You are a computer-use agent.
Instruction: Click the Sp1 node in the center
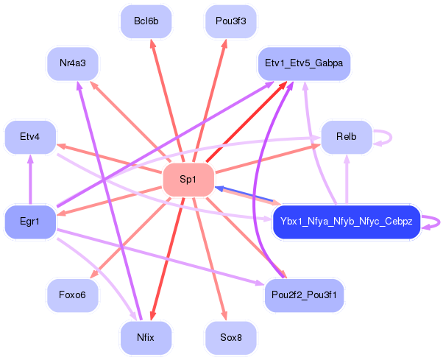point(188,180)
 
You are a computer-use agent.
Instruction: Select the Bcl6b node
point(146,21)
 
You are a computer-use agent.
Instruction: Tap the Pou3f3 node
point(230,21)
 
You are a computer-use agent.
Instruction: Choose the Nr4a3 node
point(73,63)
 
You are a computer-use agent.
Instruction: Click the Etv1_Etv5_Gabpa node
point(303,63)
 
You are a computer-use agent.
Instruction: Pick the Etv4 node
point(30,136)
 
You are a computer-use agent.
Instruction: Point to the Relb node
point(346,136)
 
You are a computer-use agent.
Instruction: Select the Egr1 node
point(30,221)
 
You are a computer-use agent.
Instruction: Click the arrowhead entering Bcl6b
point(153,43)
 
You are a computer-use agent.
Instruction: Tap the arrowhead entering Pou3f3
point(224,43)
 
